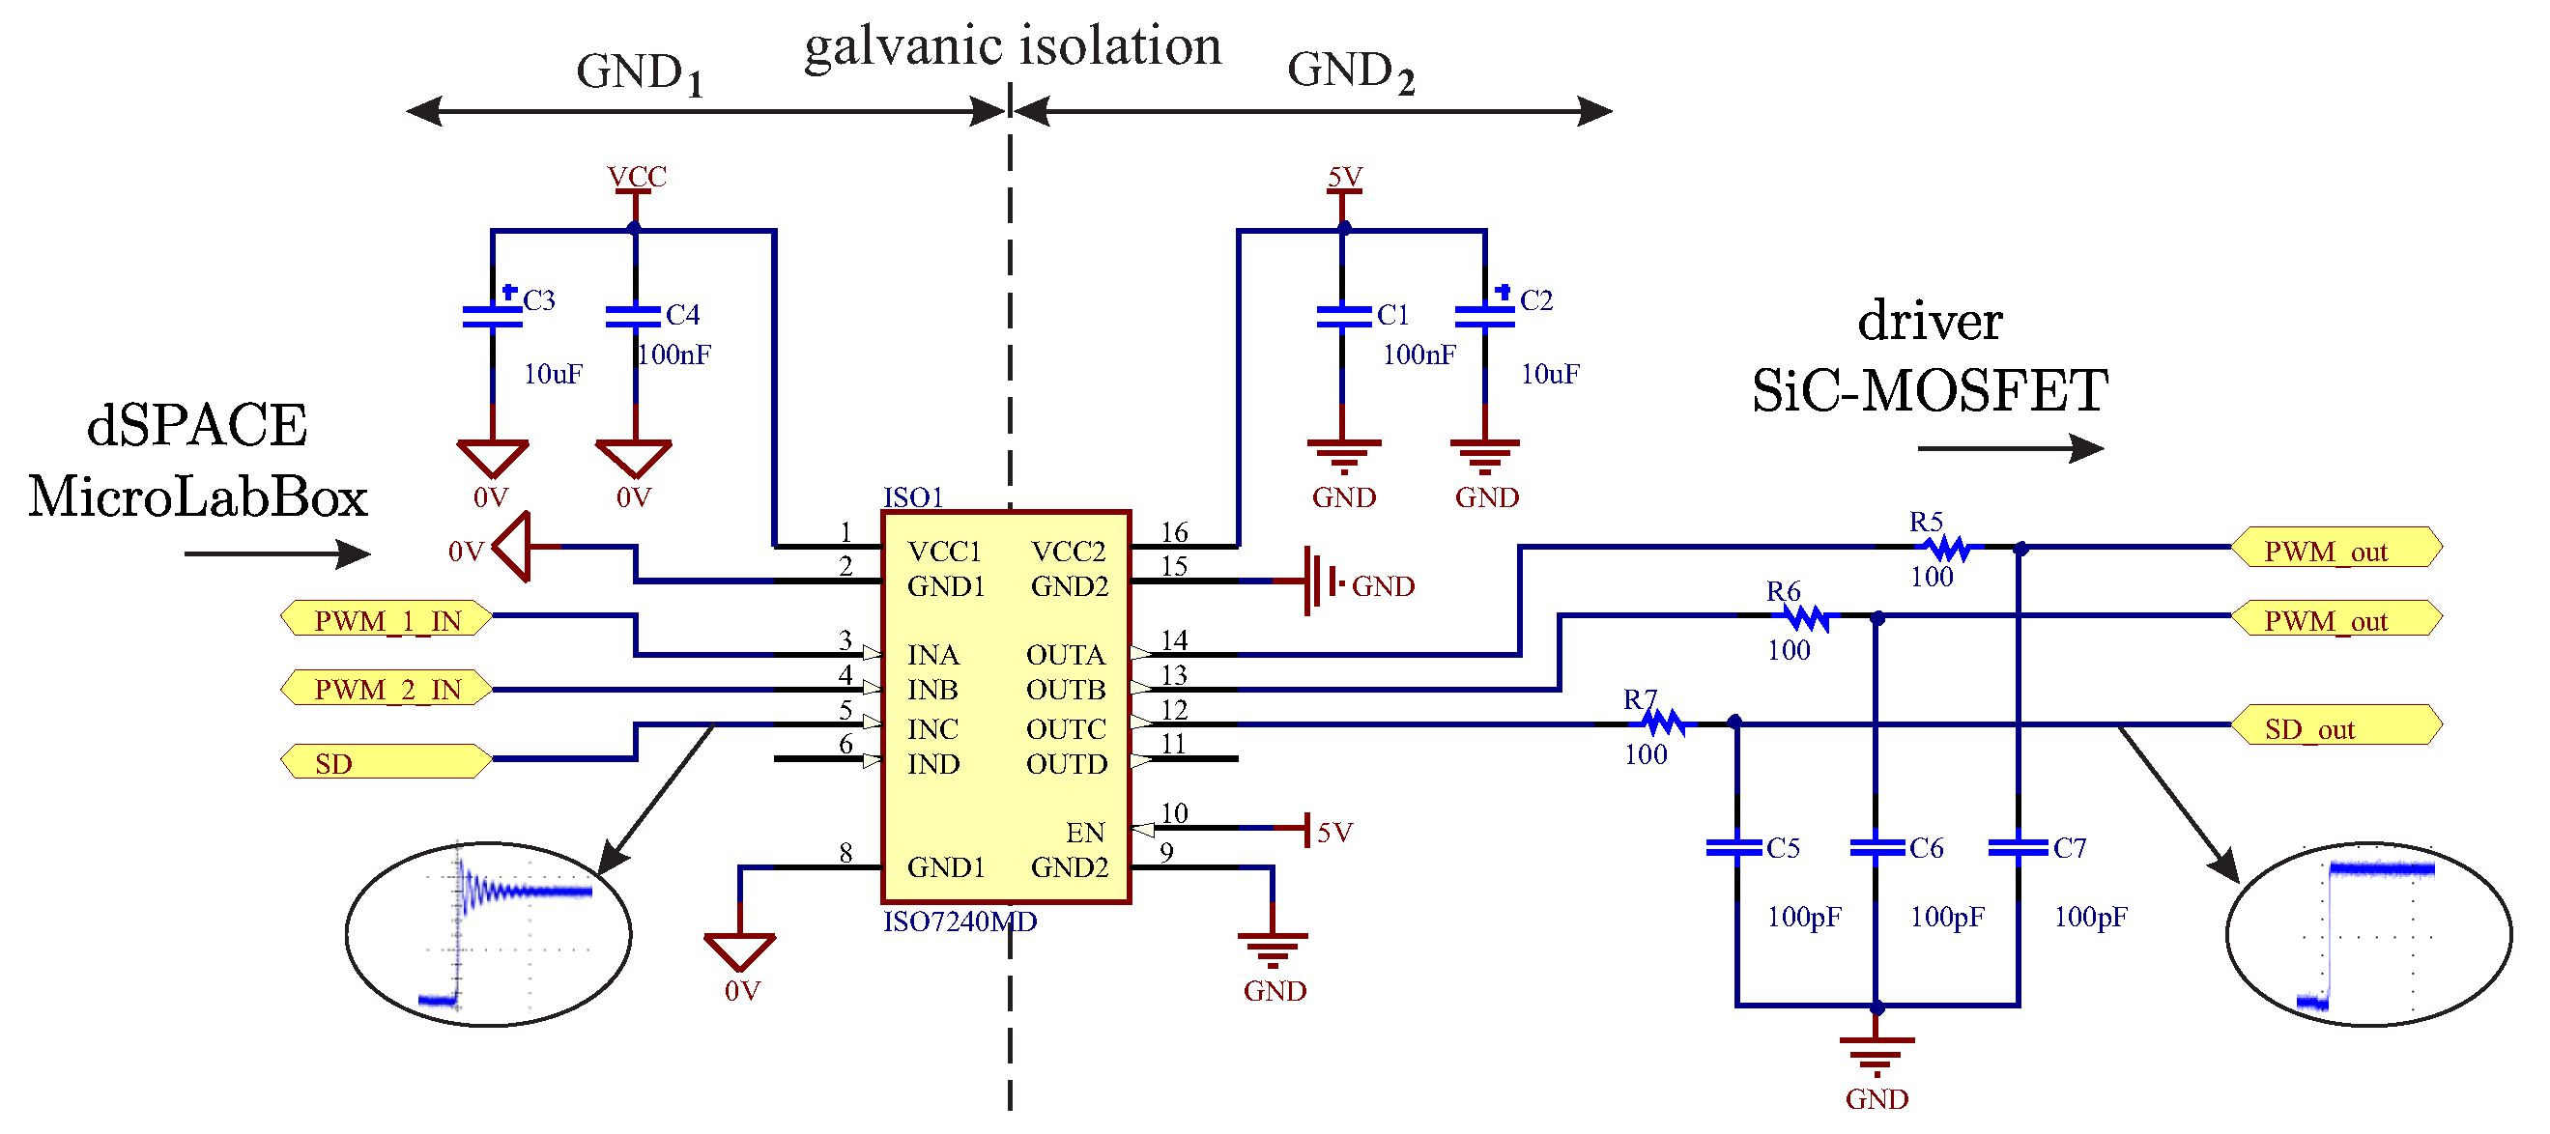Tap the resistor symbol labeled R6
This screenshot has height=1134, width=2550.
pos(1807,617)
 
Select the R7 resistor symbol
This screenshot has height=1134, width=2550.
pos(1663,723)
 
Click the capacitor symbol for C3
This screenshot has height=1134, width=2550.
pos(492,317)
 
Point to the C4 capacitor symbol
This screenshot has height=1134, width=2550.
pos(634,317)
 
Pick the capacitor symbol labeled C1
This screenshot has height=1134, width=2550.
pos(1343,317)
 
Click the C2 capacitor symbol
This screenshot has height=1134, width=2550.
pos(1485,317)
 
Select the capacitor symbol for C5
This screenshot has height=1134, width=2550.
pos(1734,848)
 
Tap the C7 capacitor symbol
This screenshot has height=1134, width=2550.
pos(2018,848)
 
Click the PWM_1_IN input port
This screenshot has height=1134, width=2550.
pos(387,620)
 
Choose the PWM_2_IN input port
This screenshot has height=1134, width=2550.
pos(387,689)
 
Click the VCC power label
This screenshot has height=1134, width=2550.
pos(637,177)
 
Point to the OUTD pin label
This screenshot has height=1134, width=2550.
pos(1066,764)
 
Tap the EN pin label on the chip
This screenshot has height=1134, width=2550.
pos(1085,833)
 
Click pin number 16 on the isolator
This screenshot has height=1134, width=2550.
pos(1174,533)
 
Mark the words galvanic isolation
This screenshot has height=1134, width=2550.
pos(1013,47)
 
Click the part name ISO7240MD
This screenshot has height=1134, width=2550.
pos(960,922)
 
